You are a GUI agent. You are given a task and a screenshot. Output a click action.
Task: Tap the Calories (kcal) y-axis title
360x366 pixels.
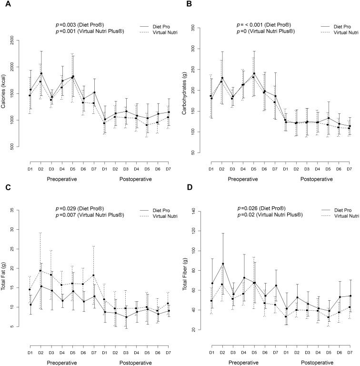(x=4, y=95)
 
